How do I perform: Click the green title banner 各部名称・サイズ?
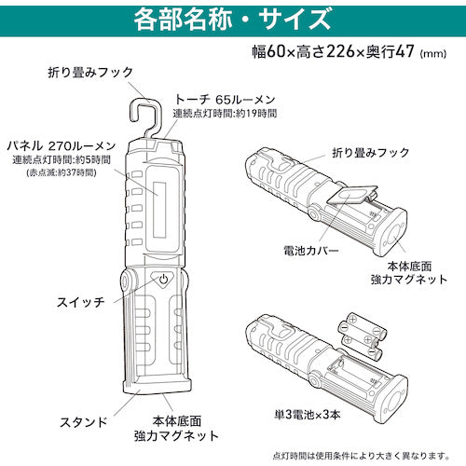click(233, 17)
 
